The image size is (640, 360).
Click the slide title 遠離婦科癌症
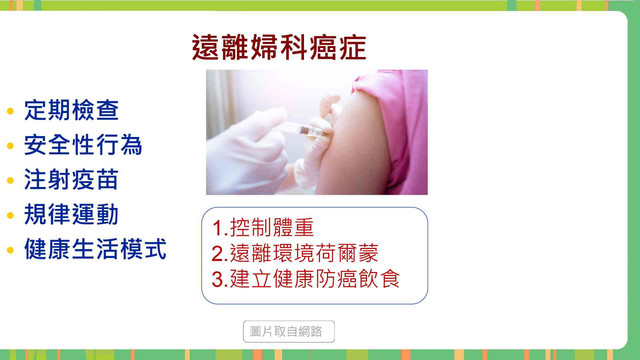279,47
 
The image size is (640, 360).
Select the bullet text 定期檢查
71,110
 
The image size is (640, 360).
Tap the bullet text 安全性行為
83,145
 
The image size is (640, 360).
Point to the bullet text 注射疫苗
71,180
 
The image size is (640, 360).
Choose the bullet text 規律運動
71,214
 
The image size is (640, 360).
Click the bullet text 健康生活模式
95,249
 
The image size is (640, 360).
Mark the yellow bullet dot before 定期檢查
10,111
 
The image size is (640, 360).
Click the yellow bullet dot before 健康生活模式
10,250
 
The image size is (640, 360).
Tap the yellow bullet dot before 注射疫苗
10,180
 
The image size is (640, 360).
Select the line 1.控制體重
262,228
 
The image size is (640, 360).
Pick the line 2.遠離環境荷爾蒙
295,253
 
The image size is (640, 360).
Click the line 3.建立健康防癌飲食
305,279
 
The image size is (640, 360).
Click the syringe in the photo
305,130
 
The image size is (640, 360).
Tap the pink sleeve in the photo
398,122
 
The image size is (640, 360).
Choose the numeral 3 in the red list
218,280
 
